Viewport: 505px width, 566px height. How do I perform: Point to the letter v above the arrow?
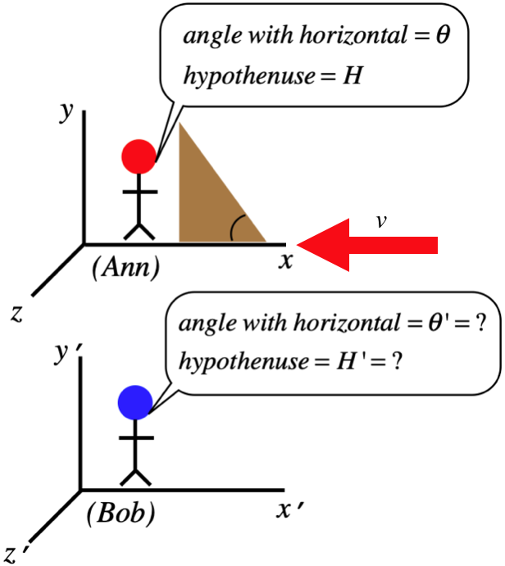380,220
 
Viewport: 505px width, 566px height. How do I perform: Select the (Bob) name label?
121,514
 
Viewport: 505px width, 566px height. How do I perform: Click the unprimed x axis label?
285,261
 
